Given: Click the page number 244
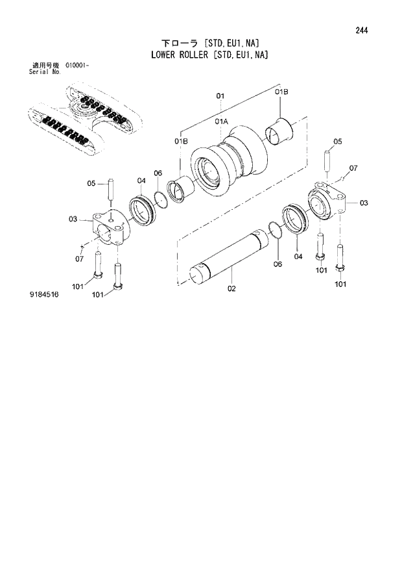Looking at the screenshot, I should [363, 30].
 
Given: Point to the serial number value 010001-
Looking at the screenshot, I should [77, 66].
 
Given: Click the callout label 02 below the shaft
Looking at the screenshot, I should [231, 289].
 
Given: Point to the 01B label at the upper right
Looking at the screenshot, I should [281, 93].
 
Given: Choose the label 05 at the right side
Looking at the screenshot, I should [337, 142].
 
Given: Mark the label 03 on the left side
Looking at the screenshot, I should [73, 219].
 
